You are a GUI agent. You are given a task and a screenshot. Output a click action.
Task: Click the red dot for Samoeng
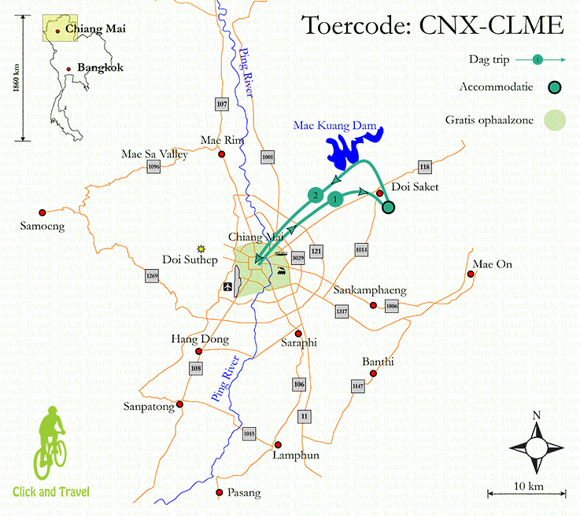pyautogui.click(x=42, y=212)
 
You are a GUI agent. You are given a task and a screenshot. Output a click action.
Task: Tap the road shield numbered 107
pyautogui.click(x=221, y=105)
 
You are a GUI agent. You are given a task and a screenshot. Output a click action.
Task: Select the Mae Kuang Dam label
pyautogui.click(x=334, y=124)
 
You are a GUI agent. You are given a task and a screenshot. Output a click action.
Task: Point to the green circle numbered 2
pyautogui.click(x=316, y=194)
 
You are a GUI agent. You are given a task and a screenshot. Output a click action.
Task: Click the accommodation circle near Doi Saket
pyautogui.click(x=388, y=207)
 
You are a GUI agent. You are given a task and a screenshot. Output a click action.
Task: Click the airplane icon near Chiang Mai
pyautogui.click(x=228, y=286)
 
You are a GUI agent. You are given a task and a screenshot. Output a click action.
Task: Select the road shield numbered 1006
pyautogui.click(x=392, y=306)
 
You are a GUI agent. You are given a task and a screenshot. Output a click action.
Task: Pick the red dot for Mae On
pyautogui.click(x=471, y=275)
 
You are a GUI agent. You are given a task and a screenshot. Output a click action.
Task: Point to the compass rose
pyautogui.click(x=536, y=446)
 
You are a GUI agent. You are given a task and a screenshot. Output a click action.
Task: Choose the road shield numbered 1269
pyautogui.click(x=152, y=276)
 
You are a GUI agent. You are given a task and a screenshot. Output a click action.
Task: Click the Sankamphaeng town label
pyautogui.click(x=370, y=289)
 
